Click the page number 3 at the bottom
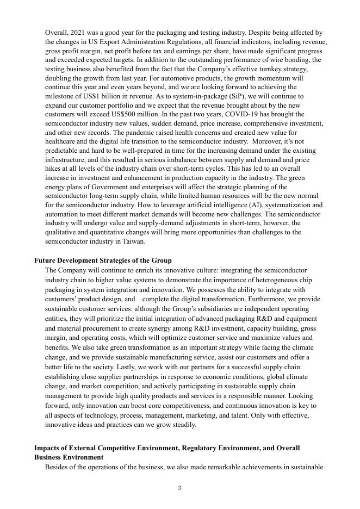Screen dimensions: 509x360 tap(179, 488)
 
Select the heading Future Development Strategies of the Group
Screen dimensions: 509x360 tap(103, 260)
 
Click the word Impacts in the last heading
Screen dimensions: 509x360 tap(48, 448)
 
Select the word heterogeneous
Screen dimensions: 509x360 tap(277, 280)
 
